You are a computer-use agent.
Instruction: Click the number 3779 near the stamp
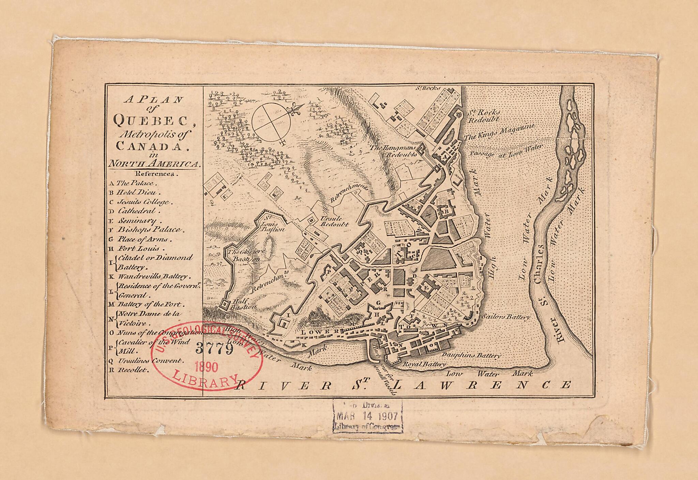point(214,349)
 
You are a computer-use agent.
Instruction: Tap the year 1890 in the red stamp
point(206,367)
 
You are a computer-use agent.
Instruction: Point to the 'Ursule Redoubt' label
point(334,222)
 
